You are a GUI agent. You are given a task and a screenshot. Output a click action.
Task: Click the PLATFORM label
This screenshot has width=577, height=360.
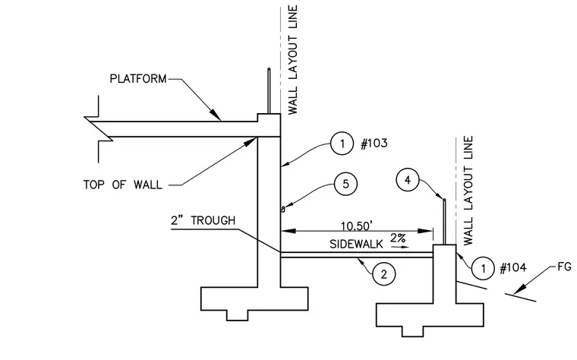pyautogui.click(x=138, y=79)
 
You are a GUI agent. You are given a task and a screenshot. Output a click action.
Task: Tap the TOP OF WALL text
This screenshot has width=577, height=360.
pyautogui.click(x=122, y=185)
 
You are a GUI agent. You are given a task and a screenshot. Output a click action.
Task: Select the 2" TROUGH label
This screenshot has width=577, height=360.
pyautogui.click(x=203, y=220)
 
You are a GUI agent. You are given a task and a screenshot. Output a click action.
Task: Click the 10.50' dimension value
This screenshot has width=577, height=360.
pyautogui.click(x=357, y=226)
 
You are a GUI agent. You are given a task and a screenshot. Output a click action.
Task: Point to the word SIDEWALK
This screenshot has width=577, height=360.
pyautogui.click(x=356, y=244)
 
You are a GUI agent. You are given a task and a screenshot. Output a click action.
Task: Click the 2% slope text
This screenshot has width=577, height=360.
pyautogui.click(x=398, y=238)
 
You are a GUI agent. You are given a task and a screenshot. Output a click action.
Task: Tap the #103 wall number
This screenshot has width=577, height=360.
pyautogui.click(x=374, y=144)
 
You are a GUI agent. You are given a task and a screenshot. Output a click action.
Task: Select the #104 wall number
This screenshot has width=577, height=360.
pyautogui.click(x=513, y=267)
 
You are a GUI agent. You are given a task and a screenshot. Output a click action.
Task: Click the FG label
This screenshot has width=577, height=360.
pyautogui.click(x=564, y=267)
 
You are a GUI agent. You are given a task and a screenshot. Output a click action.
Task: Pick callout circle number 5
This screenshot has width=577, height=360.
pyautogui.click(x=345, y=184)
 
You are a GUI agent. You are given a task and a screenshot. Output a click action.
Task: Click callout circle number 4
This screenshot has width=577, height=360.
pyautogui.click(x=408, y=180)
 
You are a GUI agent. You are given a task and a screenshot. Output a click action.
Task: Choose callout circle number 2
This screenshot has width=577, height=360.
pyautogui.click(x=384, y=274)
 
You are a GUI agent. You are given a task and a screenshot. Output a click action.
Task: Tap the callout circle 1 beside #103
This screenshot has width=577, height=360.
pyautogui.click(x=342, y=144)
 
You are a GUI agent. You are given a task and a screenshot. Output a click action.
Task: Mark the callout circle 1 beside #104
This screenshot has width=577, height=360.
pyautogui.click(x=483, y=268)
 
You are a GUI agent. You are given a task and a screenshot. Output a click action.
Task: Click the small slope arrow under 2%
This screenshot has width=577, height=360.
pyautogui.click(x=400, y=247)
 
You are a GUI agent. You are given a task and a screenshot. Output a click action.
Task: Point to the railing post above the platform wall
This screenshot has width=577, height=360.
pyautogui.click(x=269, y=90)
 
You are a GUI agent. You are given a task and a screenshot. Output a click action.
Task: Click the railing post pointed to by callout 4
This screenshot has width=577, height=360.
pyautogui.click(x=444, y=222)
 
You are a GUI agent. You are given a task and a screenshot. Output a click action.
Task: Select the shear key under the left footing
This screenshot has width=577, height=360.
pyautogui.click(x=238, y=315)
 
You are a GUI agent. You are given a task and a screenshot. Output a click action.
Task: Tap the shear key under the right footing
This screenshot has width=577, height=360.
pyautogui.click(x=412, y=331)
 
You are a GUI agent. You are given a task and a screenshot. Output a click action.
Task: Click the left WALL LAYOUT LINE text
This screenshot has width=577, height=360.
pyautogui.click(x=292, y=60)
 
